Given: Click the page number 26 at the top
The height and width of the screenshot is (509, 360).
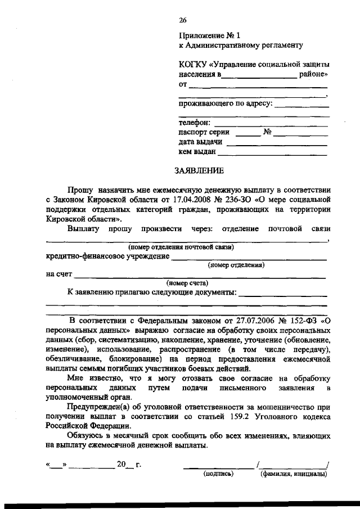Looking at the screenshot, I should click(x=183, y=20).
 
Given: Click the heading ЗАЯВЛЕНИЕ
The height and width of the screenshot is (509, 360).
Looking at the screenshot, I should click(x=201, y=170).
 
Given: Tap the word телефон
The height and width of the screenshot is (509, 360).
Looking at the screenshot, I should click(x=195, y=122).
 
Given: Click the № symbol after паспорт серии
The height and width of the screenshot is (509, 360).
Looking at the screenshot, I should click(x=268, y=133).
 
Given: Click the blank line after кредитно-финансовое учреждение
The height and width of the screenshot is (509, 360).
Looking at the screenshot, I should click(x=249, y=259).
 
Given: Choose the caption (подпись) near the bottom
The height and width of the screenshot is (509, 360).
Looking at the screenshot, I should click(x=218, y=474).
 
